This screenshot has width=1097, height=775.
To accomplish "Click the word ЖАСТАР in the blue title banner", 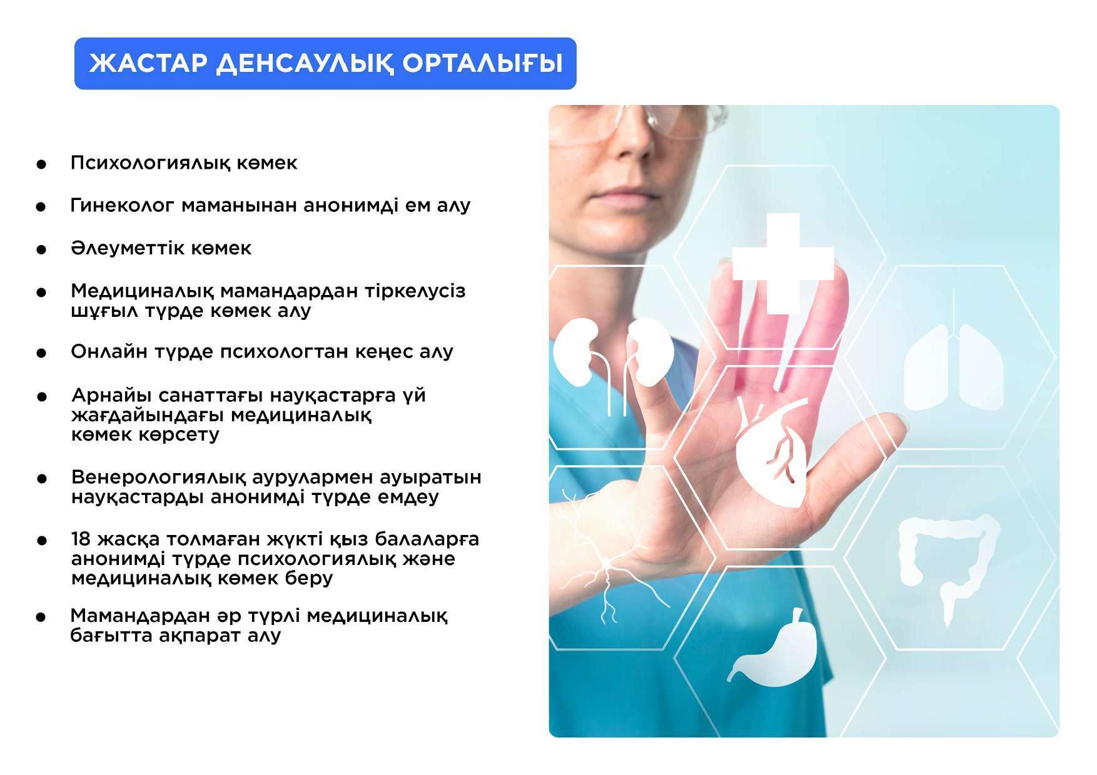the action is tap(148, 63).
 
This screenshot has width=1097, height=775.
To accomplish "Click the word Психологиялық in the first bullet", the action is tap(149, 163).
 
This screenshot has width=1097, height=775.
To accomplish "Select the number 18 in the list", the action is tap(81, 539).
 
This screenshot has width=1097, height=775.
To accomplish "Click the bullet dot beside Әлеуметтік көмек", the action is tap(41, 249).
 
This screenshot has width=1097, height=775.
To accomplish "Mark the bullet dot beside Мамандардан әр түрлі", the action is tap(41, 617).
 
